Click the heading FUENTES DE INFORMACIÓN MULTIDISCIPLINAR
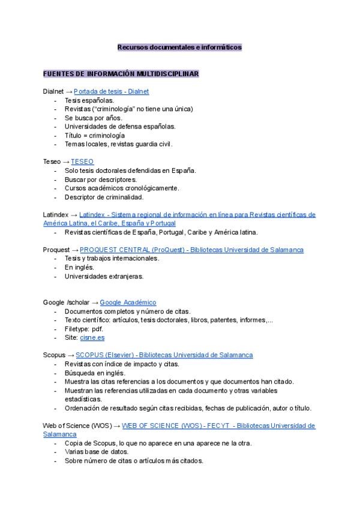tap(121, 73)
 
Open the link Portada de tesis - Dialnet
tap(111, 91)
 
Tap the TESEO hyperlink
tap(82, 161)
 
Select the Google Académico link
tap(128, 303)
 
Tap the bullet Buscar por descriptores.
tap(100, 179)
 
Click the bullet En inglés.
tap(79, 268)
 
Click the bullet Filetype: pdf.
tap(83, 329)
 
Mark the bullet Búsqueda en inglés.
tap(95, 373)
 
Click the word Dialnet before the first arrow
tap(53, 91)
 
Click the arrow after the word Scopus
tap(70, 355)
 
